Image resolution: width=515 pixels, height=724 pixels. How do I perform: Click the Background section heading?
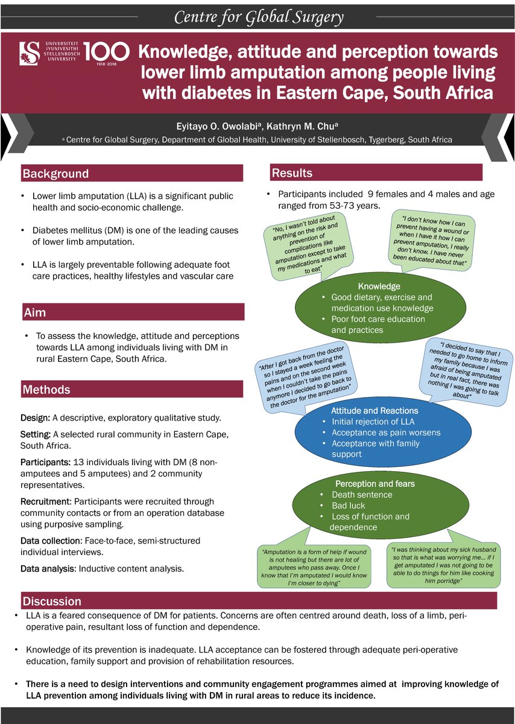55,174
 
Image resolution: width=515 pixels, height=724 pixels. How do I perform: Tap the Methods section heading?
46,390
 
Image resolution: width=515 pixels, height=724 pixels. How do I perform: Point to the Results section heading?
292,173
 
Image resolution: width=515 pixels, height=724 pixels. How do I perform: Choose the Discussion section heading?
52,602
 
